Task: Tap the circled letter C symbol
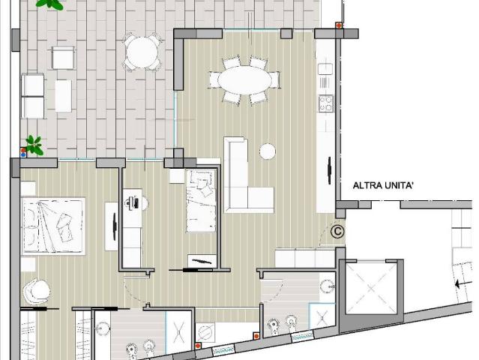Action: coord(337,232)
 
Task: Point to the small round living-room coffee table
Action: coord(268,151)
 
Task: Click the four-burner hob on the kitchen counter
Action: coord(326,103)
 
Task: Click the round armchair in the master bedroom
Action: coord(36,289)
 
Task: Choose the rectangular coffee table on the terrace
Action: coord(63,96)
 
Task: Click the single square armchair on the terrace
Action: coord(62,57)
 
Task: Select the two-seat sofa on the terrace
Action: coord(32,96)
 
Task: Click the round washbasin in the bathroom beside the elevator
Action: coord(328,285)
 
